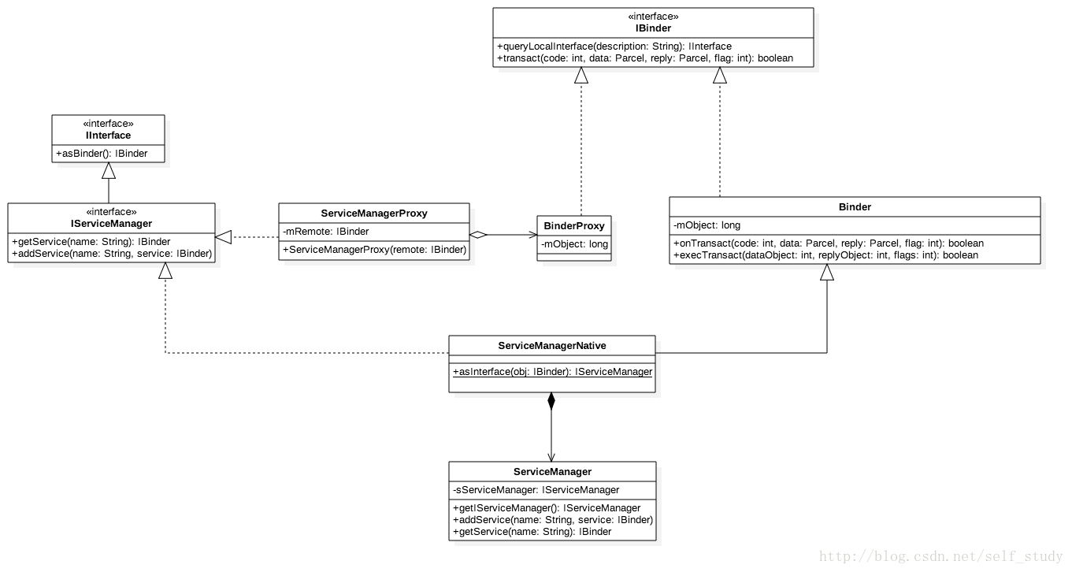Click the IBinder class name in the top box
653,28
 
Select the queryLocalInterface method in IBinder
614,46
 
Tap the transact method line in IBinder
645,58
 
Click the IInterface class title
109,136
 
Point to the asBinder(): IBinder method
102,154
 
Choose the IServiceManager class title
111,224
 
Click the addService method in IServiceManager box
112,254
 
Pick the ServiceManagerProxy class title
374,214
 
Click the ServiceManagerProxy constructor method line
374,250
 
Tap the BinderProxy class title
574,226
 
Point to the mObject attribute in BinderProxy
574,244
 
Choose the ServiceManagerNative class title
552,346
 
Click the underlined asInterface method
552,372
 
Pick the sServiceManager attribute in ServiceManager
536,490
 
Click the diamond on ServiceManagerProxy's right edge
477,235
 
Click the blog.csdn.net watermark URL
940,557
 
